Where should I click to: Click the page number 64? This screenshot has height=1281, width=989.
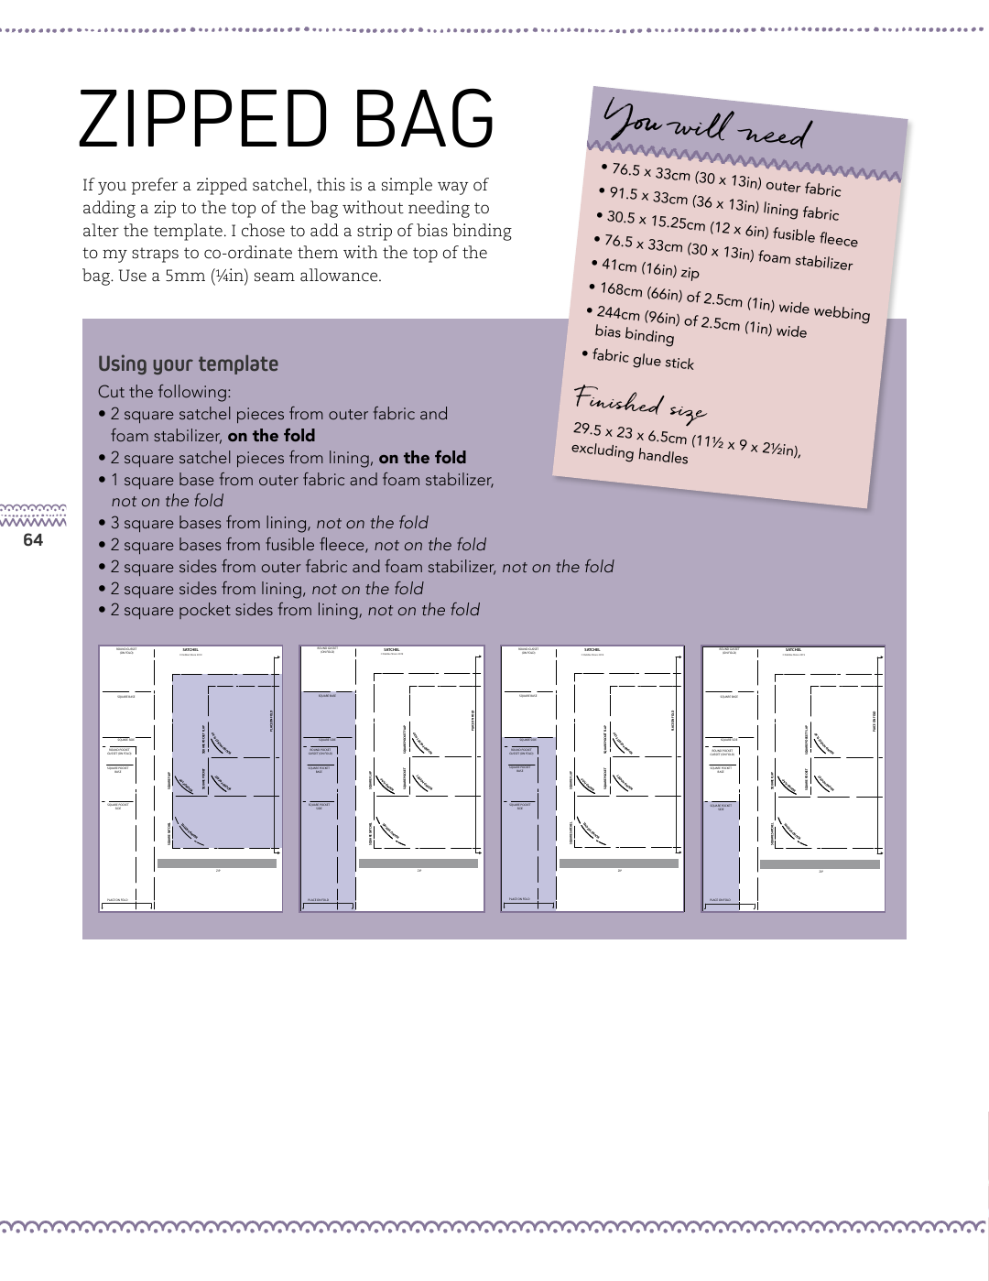tap(33, 540)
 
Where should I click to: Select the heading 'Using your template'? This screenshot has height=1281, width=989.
tap(188, 364)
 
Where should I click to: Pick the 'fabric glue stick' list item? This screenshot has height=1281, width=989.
tap(642, 359)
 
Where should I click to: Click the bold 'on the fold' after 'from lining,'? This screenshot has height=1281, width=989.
tap(422, 458)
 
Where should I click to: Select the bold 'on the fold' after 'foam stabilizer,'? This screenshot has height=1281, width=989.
tap(271, 436)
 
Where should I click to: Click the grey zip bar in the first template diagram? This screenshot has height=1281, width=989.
tap(217, 863)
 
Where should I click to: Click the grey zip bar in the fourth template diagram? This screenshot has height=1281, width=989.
tap(820, 863)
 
